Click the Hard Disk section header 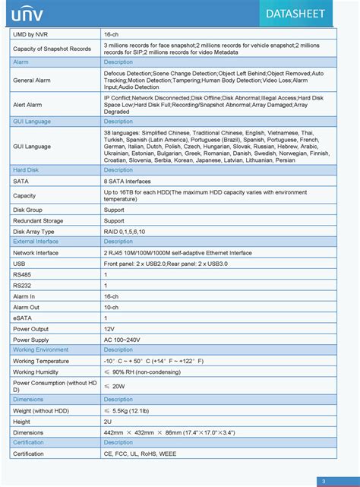click(x=27, y=171)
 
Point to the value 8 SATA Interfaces click(x=127, y=182)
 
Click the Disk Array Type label click(x=34, y=231)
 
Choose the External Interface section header click(x=36, y=241)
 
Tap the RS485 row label click(x=23, y=274)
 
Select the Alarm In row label click(x=24, y=296)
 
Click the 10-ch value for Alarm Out click(x=112, y=307)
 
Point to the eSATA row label click(x=23, y=318)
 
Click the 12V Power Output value click(x=109, y=328)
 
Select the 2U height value click(x=108, y=421)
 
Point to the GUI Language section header click(x=32, y=121)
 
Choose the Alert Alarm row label click(x=28, y=105)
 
